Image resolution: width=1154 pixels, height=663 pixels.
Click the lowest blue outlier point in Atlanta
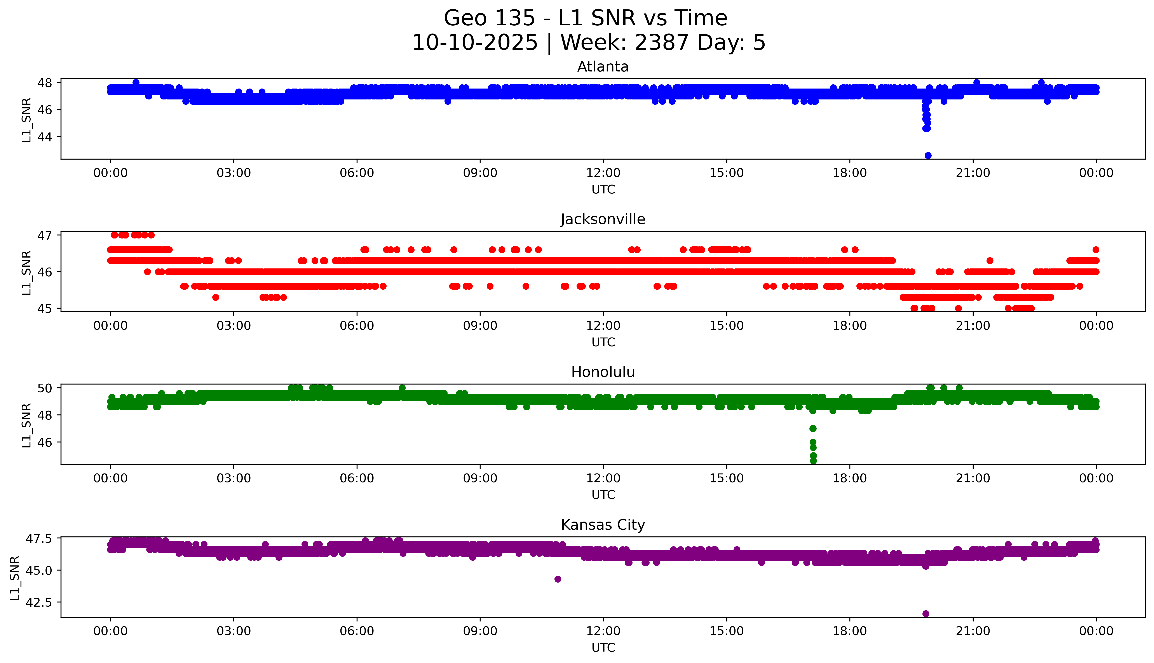(928, 155)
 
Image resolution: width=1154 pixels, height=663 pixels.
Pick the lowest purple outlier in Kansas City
(925, 613)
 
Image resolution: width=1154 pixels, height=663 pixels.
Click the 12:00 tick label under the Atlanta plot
(603, 173)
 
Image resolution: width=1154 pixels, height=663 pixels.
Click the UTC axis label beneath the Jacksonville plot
(603, 342)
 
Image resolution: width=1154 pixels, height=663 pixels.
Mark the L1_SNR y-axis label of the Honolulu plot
(26, 425)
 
